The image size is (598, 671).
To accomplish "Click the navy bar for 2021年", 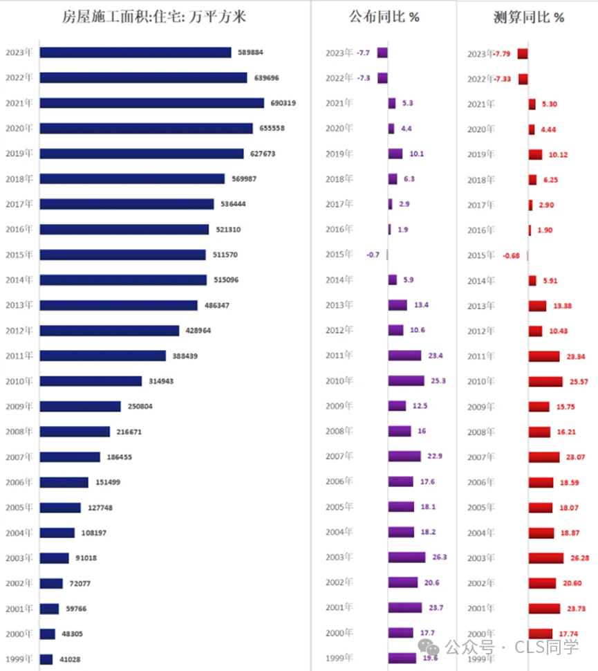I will (x=151, y=103).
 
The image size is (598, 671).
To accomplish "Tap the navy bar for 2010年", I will (x=91, y=381).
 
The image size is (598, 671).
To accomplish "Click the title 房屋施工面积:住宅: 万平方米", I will (x=153, y=17).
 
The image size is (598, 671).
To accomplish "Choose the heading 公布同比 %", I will (x=384, y=17).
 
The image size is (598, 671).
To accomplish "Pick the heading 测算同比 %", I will (x=528, y=17).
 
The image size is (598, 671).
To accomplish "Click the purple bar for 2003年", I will (x=407, y=558).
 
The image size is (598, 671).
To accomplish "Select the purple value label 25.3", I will (x=438, y=380).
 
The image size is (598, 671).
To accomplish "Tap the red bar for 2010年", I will (x=545, y=382).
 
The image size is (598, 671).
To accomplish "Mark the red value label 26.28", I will (x=578, y=558).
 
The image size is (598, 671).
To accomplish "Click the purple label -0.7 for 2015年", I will (x=373, y=255).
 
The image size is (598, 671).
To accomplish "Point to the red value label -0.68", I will (x=512, y=255).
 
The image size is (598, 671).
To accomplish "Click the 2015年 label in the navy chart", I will (x=19, y=255).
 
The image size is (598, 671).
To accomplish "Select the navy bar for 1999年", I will (x=46, y=659).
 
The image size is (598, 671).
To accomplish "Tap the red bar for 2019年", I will (x=535, y=154).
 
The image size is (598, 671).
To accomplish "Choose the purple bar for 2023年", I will (x=382, y=53).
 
